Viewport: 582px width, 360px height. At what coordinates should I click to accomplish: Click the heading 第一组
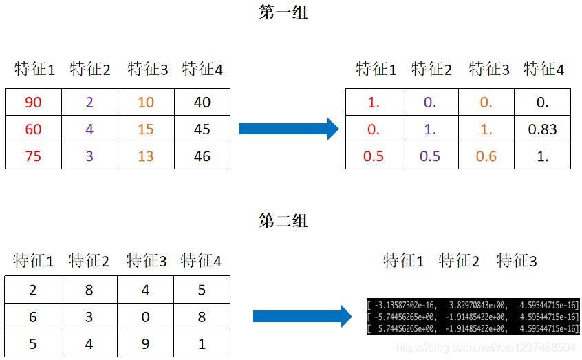[283, 14]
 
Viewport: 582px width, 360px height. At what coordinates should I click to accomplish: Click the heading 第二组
[283, 221]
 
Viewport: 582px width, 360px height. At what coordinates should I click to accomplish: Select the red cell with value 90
[33, 103]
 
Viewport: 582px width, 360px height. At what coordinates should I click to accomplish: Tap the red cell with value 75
[33, 156]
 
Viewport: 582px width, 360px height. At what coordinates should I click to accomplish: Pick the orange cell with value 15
[146, 129]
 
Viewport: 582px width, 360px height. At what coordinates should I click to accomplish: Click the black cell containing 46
[202, 156]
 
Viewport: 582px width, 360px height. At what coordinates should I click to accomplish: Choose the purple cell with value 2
[89, 103]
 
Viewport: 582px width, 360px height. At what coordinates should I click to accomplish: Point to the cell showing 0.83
[543, 129]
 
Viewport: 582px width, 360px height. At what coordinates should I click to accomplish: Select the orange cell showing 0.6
[486, 156]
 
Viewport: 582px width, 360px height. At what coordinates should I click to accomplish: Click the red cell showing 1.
[374, 103]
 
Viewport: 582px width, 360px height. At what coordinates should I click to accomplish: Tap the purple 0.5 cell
[429, 156]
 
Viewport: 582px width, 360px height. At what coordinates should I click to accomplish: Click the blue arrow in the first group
[289, 129]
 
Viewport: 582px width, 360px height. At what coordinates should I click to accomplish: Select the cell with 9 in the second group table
[146, 343]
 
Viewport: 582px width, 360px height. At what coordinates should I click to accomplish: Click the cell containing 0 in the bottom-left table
[146, 317]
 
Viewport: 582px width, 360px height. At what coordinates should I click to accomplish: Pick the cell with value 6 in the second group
[33, 317]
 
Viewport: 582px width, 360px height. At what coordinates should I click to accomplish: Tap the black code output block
[474, 316]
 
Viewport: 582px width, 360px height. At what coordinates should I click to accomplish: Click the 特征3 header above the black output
[516, 262]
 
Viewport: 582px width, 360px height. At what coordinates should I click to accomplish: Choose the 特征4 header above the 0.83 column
[543, 70]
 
